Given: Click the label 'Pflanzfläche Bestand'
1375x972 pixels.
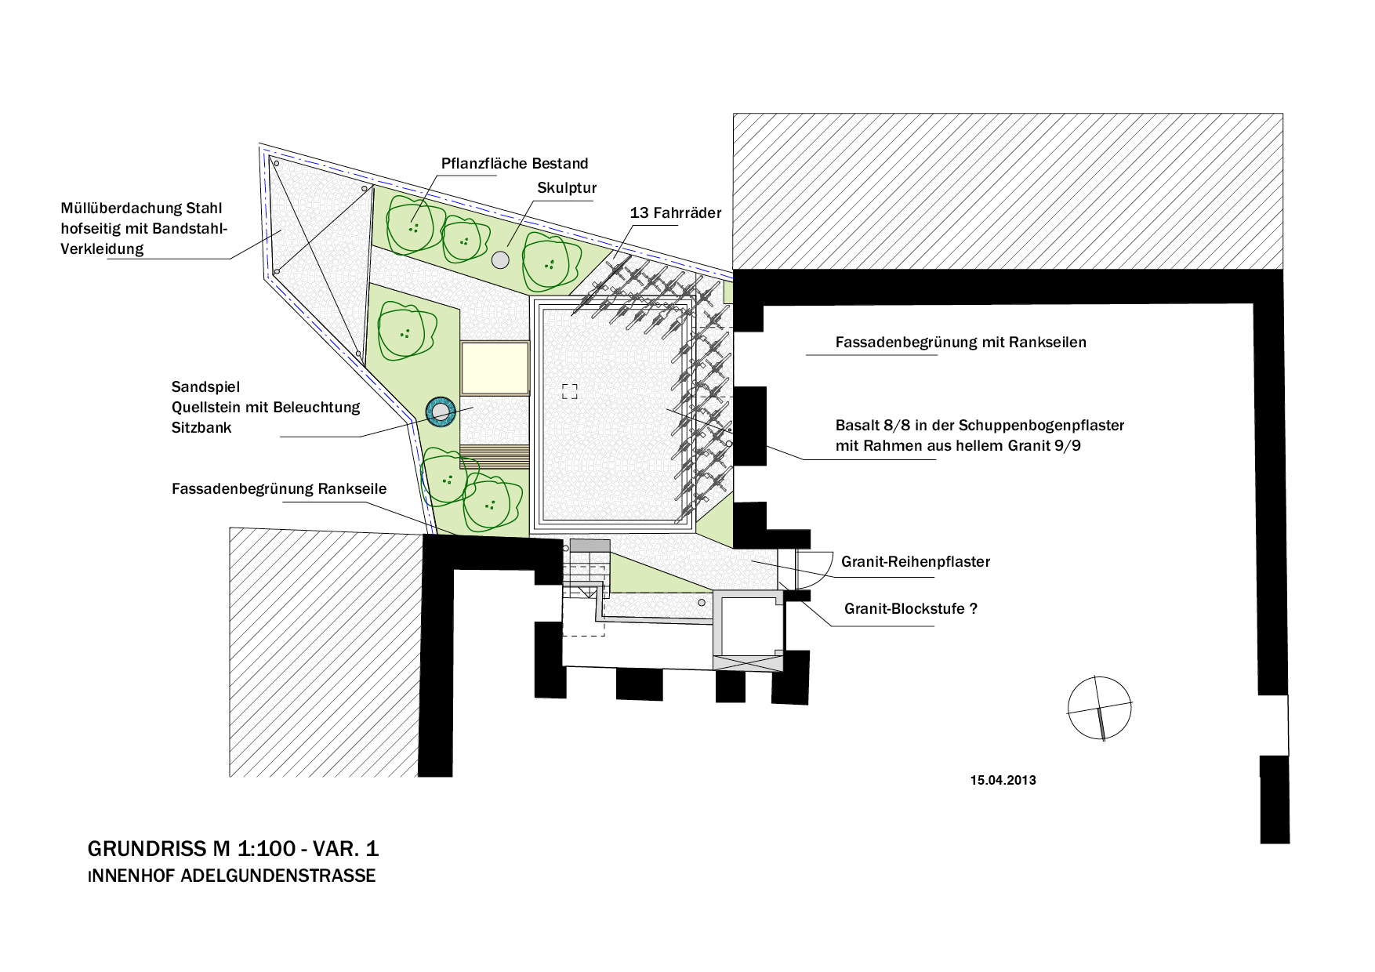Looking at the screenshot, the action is click(x=514, y=163).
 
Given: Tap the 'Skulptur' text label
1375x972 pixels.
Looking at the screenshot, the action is click(x=567, y=188).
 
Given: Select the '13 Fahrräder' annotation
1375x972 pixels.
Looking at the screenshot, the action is click(x=676, y=212).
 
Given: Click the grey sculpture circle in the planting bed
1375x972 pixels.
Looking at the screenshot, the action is click(x=500, y=259).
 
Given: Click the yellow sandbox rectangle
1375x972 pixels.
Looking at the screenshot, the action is click(x=495, y=368).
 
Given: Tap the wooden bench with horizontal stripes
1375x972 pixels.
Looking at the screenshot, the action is click(x=495, y=456).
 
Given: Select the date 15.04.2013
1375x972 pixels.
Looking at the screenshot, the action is click(x=1003, y=780).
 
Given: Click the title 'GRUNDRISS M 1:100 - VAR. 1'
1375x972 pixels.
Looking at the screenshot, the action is click(x=233, y=848).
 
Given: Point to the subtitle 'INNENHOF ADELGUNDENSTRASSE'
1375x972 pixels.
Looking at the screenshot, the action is click(x=231, y=876).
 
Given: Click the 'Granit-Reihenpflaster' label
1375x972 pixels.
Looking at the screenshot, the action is click(x=916, y=561).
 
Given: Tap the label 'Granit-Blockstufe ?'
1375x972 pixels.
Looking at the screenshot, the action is click(x=911, y=608).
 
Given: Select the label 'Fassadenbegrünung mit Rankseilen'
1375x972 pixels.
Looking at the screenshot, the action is click(x=960, y=342).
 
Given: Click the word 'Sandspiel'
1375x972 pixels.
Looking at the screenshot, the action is click(x=205, y=386).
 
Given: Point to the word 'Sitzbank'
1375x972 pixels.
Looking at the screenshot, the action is click(x=201, y=427).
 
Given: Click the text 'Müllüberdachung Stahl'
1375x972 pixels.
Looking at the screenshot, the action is click(x=141, y=208).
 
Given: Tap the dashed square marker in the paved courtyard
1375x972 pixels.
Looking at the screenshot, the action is click(x=570, y=391).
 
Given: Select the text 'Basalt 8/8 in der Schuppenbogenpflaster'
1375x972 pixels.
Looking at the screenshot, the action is click(x=980, y=425).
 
